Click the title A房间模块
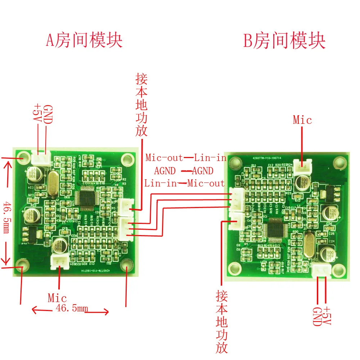pyautogui.click(x=84, y=40)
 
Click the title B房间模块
pyautogui.click(x=284, y=41)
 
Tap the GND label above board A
pyautogui.click(x=48, y=114)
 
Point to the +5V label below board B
pyautogui.click(x=327, y=316)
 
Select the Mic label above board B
pyautogui.click(x=302, y=120)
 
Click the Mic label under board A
pyautogui.click(x=57, y=298)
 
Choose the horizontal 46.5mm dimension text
pyautogui.click(x=72, y=308)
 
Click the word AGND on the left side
pyautogui.click(x=165, y=171)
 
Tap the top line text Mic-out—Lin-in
pyautogui.click(x=186, y=158)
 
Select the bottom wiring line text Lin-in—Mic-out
pyautogui.click(x=184, y=183)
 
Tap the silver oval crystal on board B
pyautogui.click(x=309, y=245)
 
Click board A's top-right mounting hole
pyautogui.click(x=127, y=158)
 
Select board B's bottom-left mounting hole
pyautogui.click(x=235, y=267)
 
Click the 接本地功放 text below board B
pyautogui.click(x=222, y=321)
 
